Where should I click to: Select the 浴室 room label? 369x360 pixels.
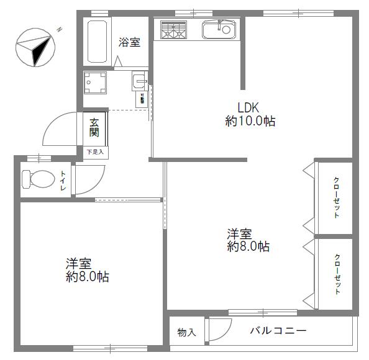129,43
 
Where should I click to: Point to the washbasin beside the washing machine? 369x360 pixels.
140,81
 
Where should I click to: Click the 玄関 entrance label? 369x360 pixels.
94,127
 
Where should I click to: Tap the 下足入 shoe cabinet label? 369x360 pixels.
95,151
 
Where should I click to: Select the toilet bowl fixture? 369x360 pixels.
38,179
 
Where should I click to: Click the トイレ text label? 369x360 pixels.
63,179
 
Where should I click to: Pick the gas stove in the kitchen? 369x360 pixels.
173,30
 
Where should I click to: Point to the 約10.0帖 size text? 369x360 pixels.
250,121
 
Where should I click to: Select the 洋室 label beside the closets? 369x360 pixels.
239,234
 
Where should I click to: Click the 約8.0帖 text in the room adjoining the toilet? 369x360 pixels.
88,277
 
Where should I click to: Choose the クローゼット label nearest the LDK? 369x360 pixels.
336,198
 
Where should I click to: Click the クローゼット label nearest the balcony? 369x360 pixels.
336,274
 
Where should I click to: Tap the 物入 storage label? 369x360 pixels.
186,333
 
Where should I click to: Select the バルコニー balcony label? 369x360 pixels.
278,331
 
